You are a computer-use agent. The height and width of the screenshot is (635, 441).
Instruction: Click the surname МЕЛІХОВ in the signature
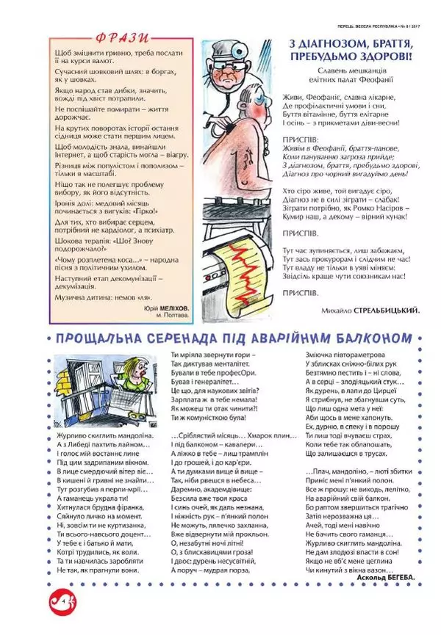pyautogui.click(x=171, y=310)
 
